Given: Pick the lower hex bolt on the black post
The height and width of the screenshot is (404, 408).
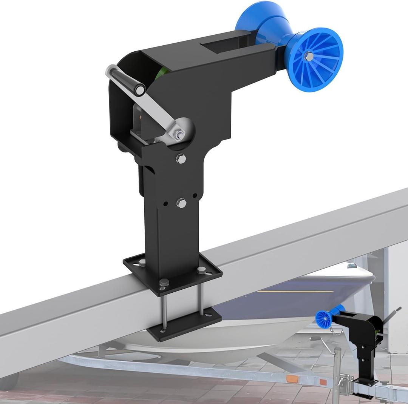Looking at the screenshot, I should click(181, 204).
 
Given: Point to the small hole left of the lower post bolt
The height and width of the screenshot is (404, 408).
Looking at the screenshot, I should click(165, 204).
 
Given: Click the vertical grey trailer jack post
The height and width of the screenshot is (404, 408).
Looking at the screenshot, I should click(337, 362).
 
